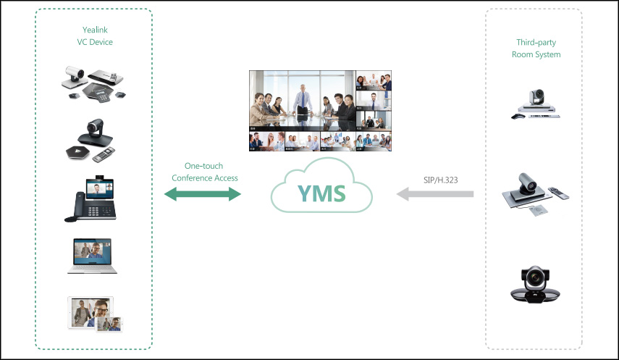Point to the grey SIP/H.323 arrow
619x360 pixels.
click(434, 194)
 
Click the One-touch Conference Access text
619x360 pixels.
click(205, 172)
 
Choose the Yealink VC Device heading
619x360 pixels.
click(95, 36)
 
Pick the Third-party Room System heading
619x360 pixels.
click(536, 49)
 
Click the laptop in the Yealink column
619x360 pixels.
click(93, 256)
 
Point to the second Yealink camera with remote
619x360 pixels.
click(93, 141)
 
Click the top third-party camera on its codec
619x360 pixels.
click(536, 104)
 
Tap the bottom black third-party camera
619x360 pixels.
click(536, 282)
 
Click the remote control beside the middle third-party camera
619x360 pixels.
click(559, 193)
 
